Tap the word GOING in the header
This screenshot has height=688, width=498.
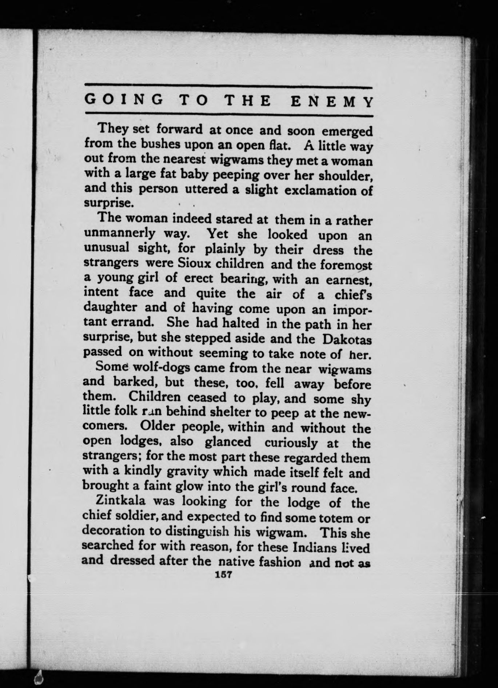pos(124,100)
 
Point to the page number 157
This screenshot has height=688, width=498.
pos(224,575)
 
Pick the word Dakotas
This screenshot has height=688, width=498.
pos(347,339)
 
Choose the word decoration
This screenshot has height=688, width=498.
pos(113,531)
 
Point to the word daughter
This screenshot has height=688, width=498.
pos(110,308)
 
